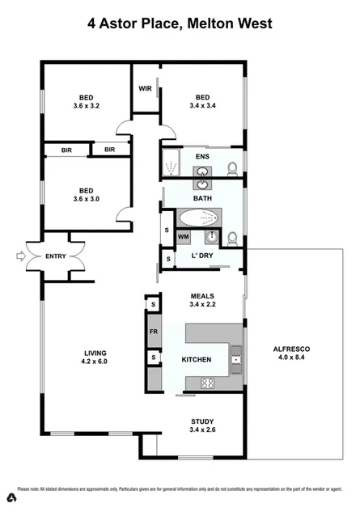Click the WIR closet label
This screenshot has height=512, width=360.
click(146, 88)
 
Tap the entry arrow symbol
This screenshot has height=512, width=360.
click(19, 256)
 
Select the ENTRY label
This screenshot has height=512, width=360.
click(56, 256)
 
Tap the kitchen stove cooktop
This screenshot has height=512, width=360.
click(207, 383)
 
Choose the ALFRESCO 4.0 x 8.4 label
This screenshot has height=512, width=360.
click(292, 354)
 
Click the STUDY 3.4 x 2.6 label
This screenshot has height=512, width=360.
click(201, 424)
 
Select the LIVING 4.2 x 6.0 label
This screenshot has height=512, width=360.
click(95, 358)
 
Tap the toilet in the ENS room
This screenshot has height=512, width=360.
click(232, 168)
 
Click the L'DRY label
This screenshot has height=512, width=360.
click(201, 256)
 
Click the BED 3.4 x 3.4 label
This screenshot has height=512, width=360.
click(202, 100)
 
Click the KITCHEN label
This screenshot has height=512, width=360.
click(197, 359)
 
